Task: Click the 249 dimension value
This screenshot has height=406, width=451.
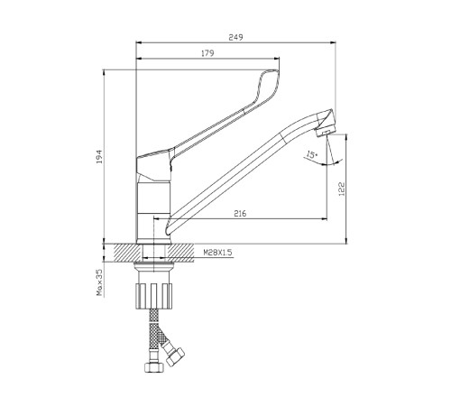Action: point(235,37)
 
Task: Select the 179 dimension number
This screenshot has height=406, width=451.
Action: point(207,53)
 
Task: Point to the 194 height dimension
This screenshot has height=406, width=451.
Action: point(99,156)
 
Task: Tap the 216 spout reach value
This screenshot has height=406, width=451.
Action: point(240,214)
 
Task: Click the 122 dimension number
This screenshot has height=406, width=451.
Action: point(342,189)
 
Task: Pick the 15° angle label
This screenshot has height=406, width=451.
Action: point(311,155)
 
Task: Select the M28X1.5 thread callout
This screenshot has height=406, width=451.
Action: point(217,253)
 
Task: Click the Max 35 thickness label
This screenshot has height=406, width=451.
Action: point(99,282)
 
